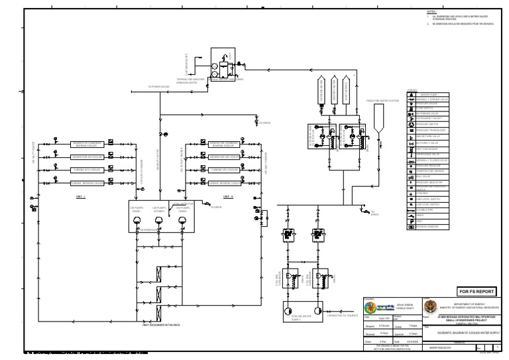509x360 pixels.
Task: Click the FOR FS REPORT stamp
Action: (x=476, y=290)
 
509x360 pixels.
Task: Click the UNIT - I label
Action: (x=80, y=197)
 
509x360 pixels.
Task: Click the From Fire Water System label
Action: (x=382, y=101)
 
